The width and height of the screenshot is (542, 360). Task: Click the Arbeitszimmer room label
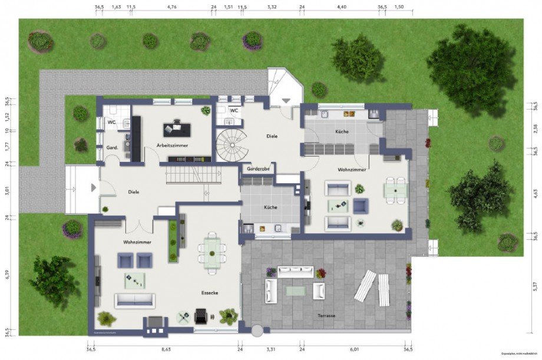click(x=173, y=145)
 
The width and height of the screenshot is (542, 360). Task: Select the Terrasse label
click(x=326, y=316)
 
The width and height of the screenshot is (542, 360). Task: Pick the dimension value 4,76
click(x=172, y=8)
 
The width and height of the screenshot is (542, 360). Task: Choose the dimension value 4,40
click(x=342, y=8)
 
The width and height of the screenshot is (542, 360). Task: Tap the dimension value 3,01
click(x=7, y=190)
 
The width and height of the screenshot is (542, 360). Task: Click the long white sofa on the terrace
click(x=296, y=272)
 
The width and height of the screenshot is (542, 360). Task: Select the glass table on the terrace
click(x=295, y=290)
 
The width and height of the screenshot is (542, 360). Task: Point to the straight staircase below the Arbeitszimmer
click(x=192, y=175)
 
